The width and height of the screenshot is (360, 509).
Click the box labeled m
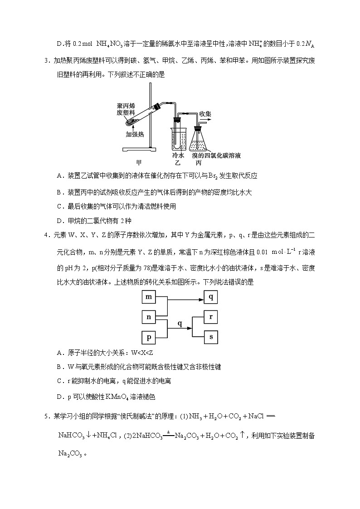[x=149, y=297]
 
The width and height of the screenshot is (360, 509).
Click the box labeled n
[x=149, y=317]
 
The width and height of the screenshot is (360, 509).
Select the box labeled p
[x=149, y=337]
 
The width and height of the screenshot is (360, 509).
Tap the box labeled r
[x=211, y=317]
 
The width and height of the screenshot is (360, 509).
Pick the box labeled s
[x=211, y=337]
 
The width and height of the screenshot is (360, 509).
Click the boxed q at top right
[x=211, y=297]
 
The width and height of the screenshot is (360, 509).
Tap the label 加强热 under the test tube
[x=135, y=134]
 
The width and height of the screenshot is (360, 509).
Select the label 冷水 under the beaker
[x=178, y=155]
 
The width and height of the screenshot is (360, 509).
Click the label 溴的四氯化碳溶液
[x=216, y=155]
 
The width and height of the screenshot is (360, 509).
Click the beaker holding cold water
[x=177, y=136]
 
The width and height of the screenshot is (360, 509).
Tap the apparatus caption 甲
[x=139, y=163]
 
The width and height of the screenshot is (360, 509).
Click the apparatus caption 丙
[x=198, y=163]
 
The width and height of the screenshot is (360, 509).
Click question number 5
[x=47, y=416]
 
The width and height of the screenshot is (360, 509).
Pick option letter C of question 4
[x=59, y=381]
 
